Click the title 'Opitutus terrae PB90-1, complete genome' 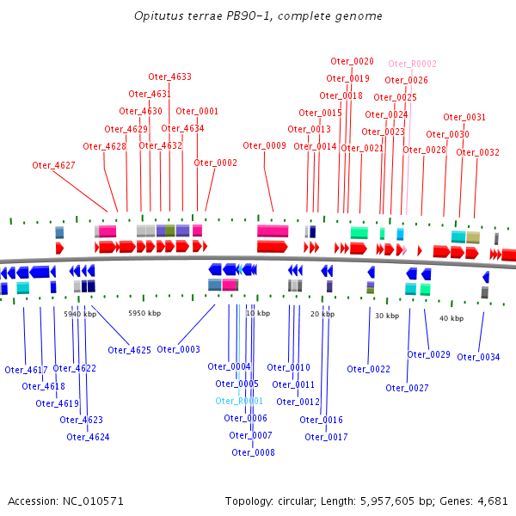pyautogui.click(x=259, y=16)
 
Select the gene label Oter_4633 pyautogui.click(x=169, y=77)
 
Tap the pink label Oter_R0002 pyautogui.click(x=412, y=64)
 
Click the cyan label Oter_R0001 pyautogui.click(x=238, y=401)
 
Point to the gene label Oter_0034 pyautogui.click(x=478, y=357)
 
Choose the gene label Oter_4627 pyautogui.click(x=53, y=165)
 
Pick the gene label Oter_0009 pyautogui.click(x=264, y=145)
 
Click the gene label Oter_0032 pyautogui.click(x=477, y=152)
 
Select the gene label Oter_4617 pyautogui.click(x=26, y=370)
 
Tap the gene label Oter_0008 pyautogui.click(x=253, y=452)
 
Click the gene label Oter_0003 pyautogui.click(x=178, y=349)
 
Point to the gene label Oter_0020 pyautogui.click(x=352, y=61)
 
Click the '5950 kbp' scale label pyautogui.click(x=144, y=314)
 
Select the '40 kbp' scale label pyautogui.click(x=451, y=318)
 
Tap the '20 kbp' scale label pyautogui.click(x=322, y=314)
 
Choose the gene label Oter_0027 pyautogui.click(x=407, y=388)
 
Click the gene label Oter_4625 pyautogui.click(x=130, y=350)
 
